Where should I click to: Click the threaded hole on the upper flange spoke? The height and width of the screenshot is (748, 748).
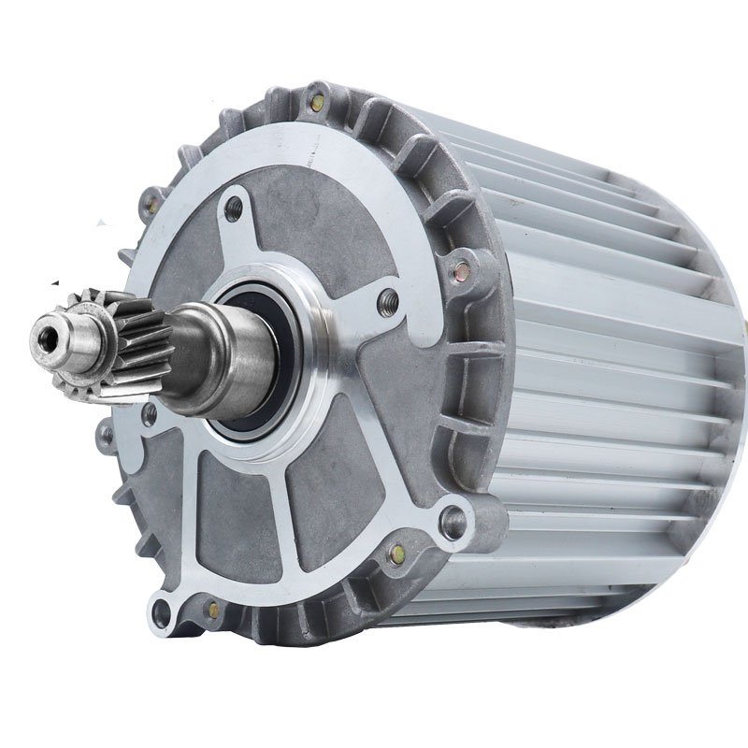click(233, 207)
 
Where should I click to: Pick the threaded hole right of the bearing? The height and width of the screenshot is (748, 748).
click(386, 299)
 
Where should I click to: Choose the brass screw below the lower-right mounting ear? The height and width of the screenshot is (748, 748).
click(396, 554)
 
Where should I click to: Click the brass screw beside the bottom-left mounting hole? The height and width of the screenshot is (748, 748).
click(214, 610)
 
